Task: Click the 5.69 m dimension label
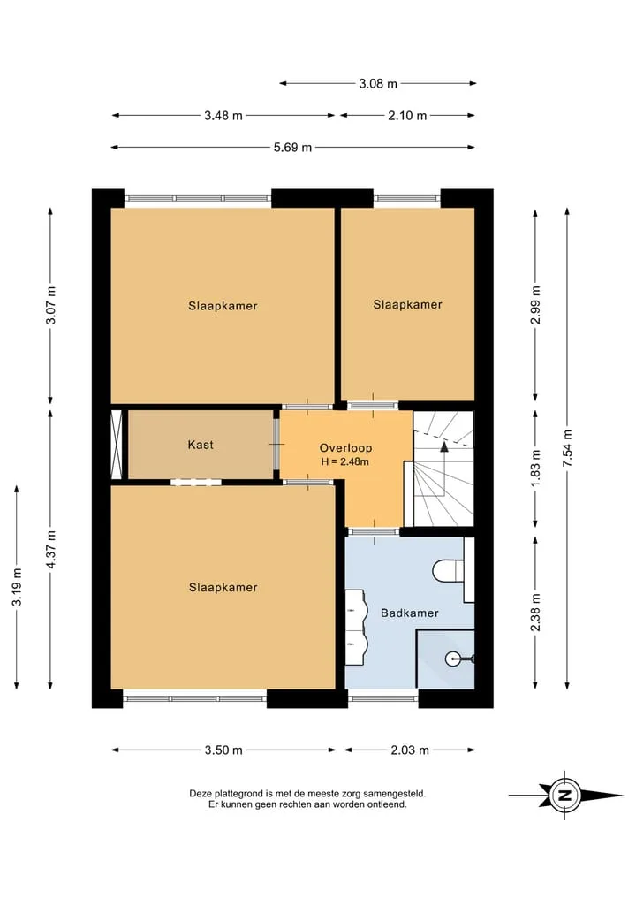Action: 292,148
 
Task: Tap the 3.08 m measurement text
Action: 378,84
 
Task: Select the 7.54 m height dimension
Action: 567,448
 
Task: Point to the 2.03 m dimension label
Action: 410,750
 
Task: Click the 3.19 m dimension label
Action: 17,587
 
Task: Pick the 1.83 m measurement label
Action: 535,468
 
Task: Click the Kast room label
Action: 201,445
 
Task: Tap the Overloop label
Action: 345,448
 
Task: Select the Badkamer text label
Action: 410,613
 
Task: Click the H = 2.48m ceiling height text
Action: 344,461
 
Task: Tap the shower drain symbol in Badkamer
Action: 452,659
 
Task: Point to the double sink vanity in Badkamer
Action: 355,628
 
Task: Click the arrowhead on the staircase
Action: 444,446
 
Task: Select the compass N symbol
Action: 565,796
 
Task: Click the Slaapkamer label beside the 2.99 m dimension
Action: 407,304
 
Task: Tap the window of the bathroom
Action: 383,698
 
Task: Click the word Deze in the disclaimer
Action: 201,794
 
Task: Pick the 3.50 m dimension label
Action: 223,750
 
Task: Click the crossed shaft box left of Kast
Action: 117,445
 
